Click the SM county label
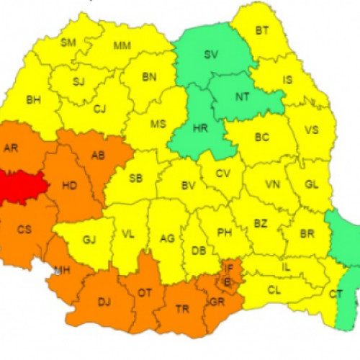point(68,42)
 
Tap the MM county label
point(122,46)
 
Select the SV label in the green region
point(211,55)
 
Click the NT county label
point(242,94)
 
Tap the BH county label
point(33,100)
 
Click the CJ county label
point(100,109)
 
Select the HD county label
point(69,186)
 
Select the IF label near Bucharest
point(229,269)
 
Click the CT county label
point(336,294)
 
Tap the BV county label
point(189,186)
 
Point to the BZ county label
point(260,224)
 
